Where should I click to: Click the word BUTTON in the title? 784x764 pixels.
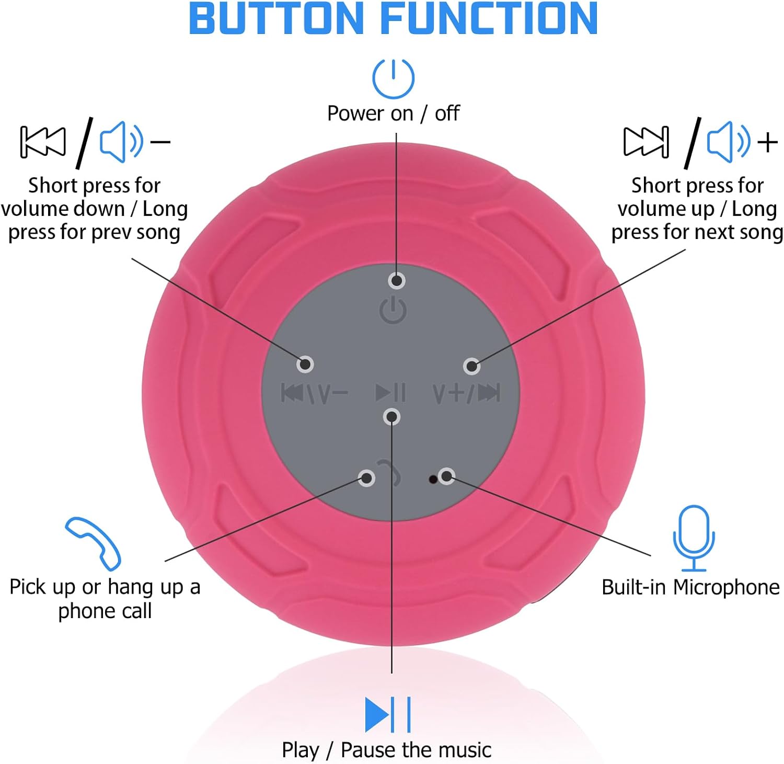(276, 19)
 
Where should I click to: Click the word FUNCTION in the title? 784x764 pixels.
(489, 19)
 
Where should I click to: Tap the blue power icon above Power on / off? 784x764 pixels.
(393, 78)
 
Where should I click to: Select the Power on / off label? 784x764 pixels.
(393, 113)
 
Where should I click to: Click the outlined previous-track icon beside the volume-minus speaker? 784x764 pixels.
(43, 142)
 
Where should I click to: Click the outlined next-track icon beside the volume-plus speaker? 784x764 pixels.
(646, 142)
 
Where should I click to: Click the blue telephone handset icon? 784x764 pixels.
(93, 543)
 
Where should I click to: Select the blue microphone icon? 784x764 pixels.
(694, 538)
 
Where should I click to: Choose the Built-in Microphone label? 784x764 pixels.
(690, 587)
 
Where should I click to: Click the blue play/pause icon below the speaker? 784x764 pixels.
(388, 714)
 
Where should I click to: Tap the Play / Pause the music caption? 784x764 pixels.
(387, 750)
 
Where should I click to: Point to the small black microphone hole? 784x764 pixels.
(433, 479)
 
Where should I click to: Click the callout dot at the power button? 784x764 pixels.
(397, 281)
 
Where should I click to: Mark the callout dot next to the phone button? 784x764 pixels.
(366, 478)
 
